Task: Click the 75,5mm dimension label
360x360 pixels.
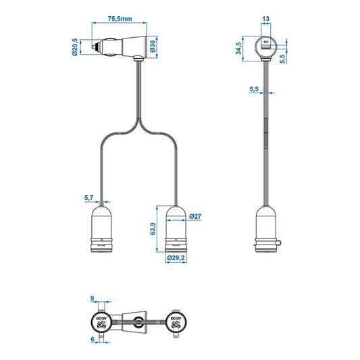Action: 120,19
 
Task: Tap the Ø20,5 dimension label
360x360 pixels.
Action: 75,47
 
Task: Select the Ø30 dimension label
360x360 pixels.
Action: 153,47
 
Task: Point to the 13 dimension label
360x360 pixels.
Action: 265,19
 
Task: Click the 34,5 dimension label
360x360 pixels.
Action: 238,49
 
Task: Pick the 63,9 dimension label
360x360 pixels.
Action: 153,229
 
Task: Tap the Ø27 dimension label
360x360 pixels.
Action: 195,216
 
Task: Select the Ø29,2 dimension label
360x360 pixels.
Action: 176,258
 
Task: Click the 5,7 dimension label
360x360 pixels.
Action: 89,198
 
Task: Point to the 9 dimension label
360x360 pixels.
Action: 92,299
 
